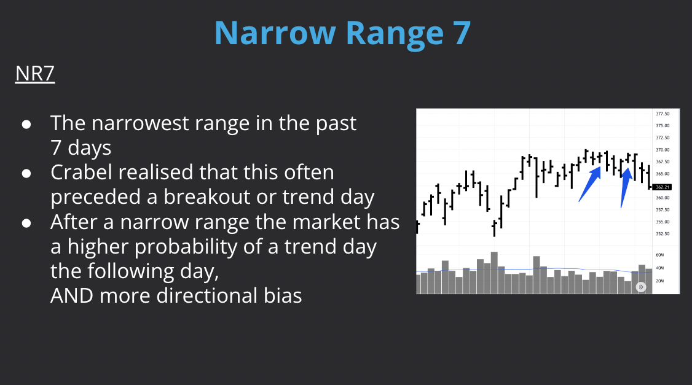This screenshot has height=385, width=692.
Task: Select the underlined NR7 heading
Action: click(x=35, y=74)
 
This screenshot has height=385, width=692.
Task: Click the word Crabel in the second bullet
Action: click(x=85, y=172)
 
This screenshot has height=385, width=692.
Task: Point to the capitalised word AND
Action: click(x=71, y=296)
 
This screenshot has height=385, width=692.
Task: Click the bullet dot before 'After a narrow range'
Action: click(x=26, y=222)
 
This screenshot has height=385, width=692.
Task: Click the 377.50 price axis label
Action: click(x=663, y=114)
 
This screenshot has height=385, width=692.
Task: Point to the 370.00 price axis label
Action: click(x=663, y=150)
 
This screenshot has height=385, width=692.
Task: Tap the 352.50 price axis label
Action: click(x=663, y=234)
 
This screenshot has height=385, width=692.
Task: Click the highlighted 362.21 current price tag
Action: click(x=663, y=187)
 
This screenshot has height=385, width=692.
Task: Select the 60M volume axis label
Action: click(x=659, y=254)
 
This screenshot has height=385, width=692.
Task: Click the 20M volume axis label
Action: click(x=659, y=281)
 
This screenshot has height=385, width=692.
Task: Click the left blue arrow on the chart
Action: click(x=589, y=184)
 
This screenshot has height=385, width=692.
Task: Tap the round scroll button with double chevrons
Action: click(x=641, y=287)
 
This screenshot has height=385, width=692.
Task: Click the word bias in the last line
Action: click(x=279, y=296)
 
